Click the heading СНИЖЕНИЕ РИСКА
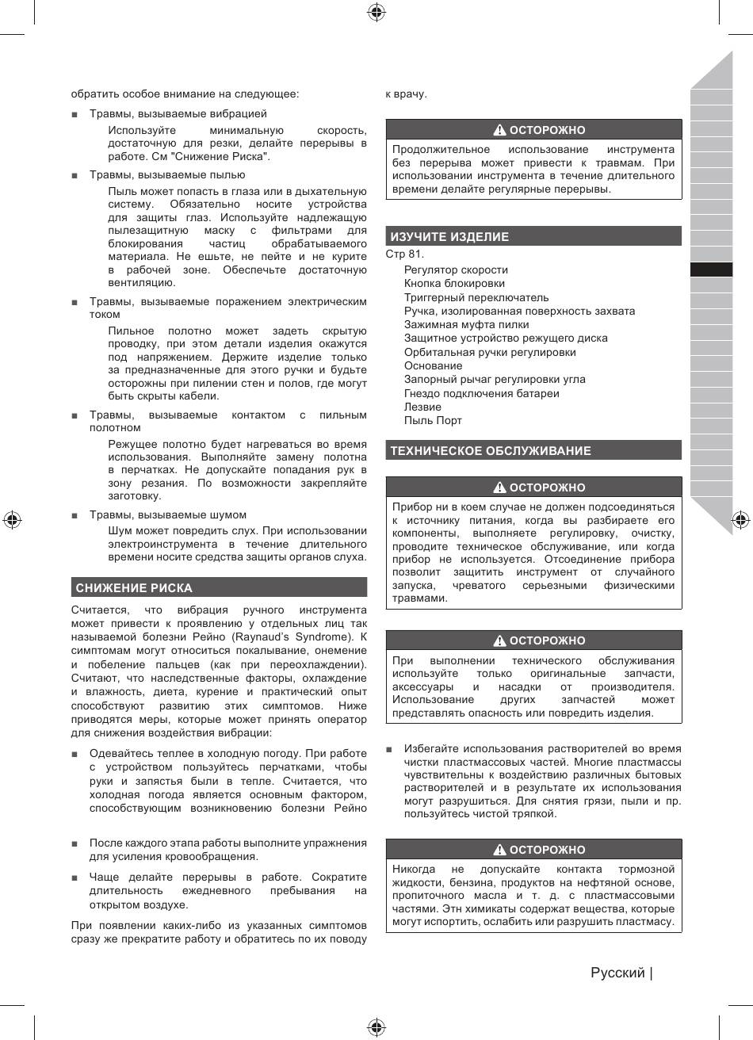(134, 588)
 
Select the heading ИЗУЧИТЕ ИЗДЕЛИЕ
(449, 237)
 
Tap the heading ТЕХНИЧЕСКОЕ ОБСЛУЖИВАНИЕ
(491, 451)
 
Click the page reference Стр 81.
(405, 254)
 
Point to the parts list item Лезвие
(422, 407)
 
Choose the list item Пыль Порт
(433, 420)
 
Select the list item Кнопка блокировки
(455, 284)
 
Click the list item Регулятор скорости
(455, 270)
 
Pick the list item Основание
(433, 365)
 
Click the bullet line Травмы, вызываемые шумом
(167, 515)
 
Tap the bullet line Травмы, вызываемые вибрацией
(178, 114)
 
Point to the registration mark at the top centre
(376, 11)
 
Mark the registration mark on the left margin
(11, 520)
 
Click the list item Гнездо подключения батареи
(481, 393)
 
